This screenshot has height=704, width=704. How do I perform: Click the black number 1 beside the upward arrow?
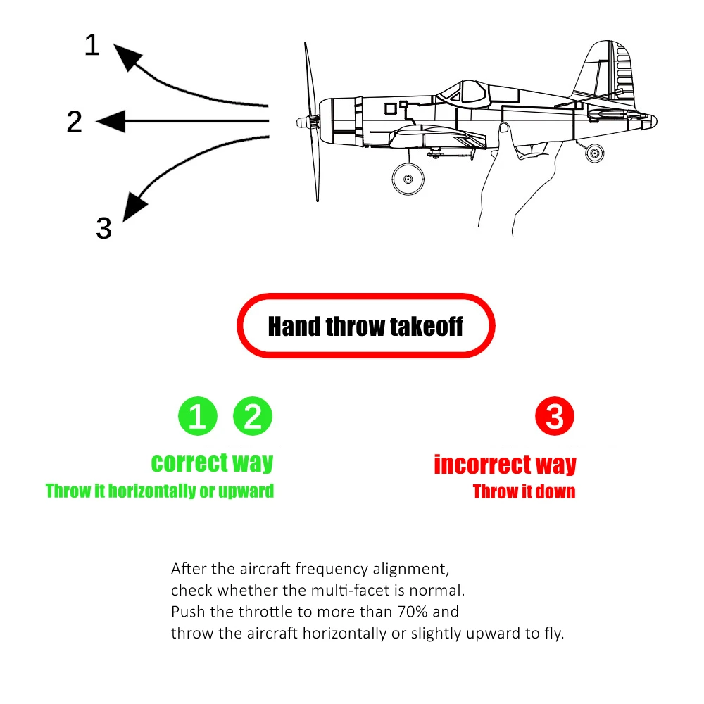(x=92, y=46)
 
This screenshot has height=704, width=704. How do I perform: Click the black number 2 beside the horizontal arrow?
(x=75, y=122)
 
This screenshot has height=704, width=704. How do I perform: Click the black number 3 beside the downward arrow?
(x=103, y=228)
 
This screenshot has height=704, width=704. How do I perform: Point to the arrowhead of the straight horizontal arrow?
(x=109, y=122)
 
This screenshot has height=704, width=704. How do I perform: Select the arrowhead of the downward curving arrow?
(x=134, y=206)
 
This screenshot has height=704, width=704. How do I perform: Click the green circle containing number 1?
(x=198, y=417)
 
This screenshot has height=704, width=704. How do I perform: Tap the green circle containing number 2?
(x=253, y=417)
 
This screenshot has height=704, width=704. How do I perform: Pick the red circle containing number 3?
(x=555, y=417)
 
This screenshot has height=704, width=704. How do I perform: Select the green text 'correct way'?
(x=212, y=463)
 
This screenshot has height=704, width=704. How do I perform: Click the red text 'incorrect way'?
(x=505, y=465)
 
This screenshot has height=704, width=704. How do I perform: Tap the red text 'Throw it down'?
(x=524, y=491)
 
